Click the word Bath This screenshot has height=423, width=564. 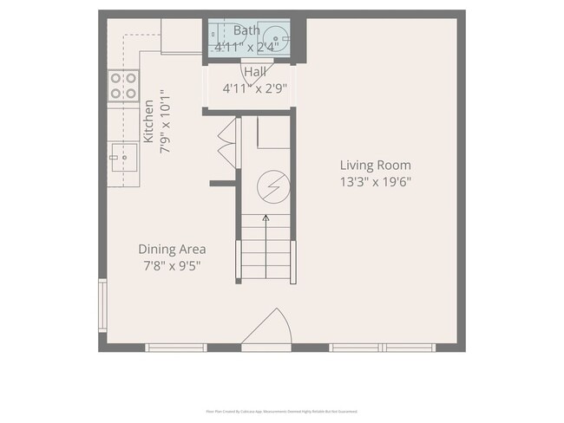(246, 30)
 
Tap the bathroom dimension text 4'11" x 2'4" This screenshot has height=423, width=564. (247, 47)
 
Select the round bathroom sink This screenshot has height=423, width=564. (277, 37)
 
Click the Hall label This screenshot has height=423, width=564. (255, 72)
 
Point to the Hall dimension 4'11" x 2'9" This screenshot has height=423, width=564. (254, 88)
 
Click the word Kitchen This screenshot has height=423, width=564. (148, 121)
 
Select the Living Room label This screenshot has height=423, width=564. (375, 166)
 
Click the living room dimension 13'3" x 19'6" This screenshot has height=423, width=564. (375, 182)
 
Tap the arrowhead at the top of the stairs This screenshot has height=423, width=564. (266, 218)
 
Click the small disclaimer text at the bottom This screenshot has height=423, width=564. (281, 412)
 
